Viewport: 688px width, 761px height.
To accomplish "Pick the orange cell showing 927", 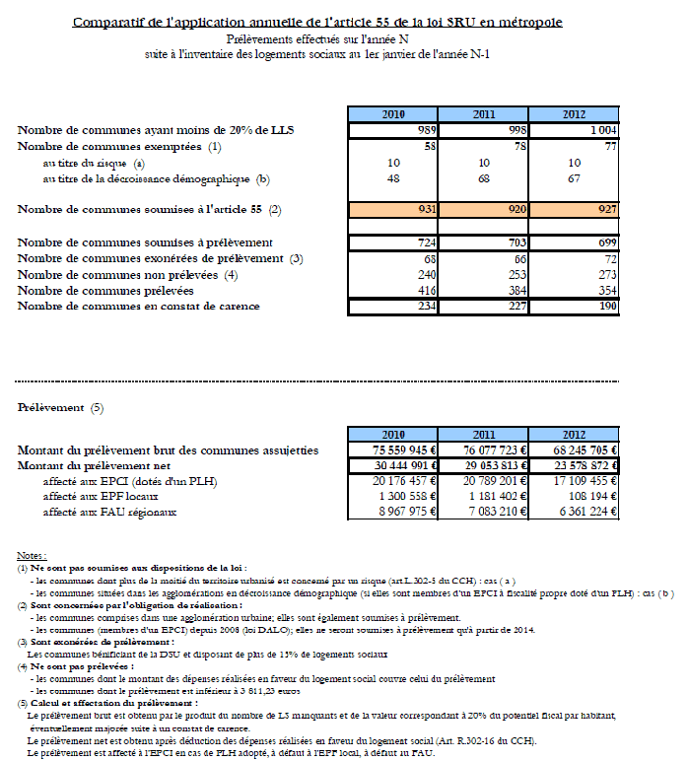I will tap(600, 209).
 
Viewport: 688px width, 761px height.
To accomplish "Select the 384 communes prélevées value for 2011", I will tap(512, 291).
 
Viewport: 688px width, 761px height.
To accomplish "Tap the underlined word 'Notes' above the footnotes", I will tap(32, 556).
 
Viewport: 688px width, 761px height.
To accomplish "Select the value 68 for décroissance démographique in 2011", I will tap(484, 178).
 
